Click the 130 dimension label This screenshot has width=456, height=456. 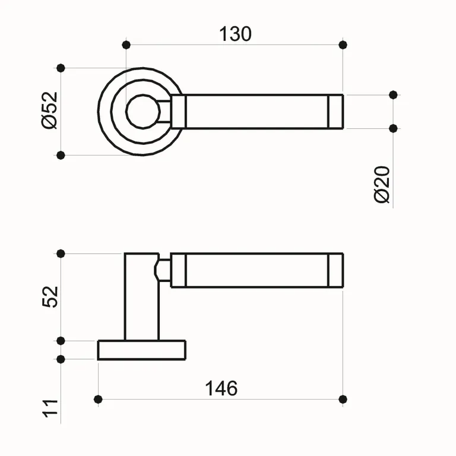click(236, 34)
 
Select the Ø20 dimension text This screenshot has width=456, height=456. click(383, 185)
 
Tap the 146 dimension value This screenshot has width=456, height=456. click(221, 388)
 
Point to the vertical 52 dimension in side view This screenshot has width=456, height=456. click(51, 296)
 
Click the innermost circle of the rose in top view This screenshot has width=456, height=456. click(142, 112)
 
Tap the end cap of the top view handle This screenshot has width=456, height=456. click(335, 112)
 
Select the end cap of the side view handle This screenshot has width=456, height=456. click(335, 271)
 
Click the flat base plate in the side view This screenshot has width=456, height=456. click(141, 350)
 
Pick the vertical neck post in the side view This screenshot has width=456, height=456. click(141, 297)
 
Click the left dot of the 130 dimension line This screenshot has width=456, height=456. click(126, 45)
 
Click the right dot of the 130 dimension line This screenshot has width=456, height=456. click(343, 45)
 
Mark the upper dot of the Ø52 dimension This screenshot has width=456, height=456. click(60, 68)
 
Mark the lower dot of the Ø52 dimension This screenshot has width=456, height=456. click(60, 155)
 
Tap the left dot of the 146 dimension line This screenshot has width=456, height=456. click(99, 398)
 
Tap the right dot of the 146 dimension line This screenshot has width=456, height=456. click(343, 398)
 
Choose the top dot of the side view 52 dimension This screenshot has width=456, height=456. click(60, 254)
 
